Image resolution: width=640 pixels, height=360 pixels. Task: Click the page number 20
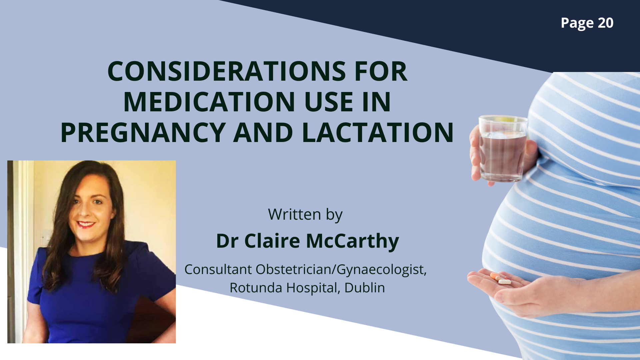[605, 23]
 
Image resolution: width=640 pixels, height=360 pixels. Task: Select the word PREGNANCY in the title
[143, 132]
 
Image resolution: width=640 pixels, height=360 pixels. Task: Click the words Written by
[305, 215]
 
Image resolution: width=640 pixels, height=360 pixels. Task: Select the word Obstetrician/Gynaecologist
[341, 270]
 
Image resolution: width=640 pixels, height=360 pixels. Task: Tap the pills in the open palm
[500, 278]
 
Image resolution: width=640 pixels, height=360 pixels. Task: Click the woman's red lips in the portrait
[86, 224]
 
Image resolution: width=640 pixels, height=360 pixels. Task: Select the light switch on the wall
[45, 237]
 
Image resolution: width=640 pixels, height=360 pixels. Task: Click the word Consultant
[218, 269]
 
